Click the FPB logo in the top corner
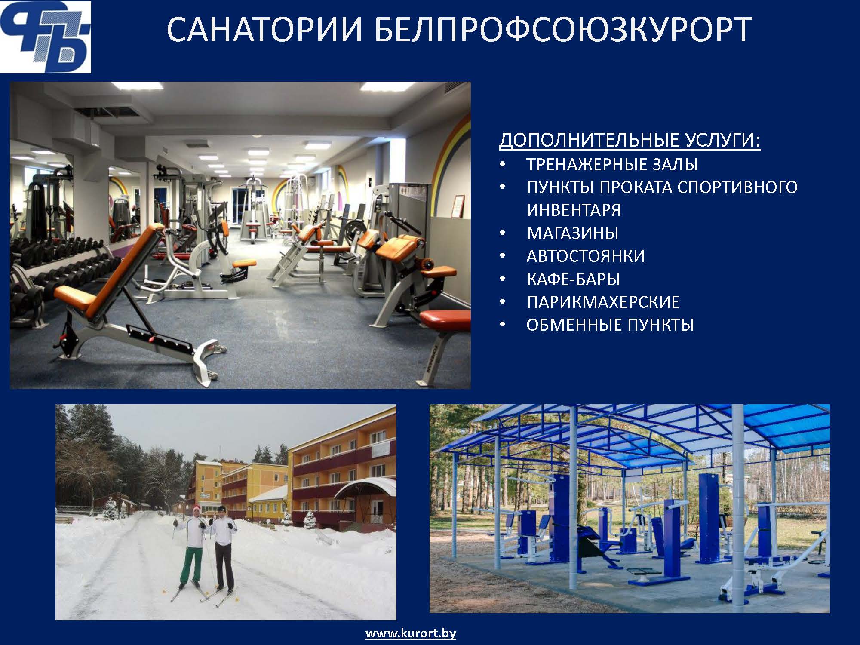tap(46, 37)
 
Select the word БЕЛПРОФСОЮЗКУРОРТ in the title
tap(564, 30)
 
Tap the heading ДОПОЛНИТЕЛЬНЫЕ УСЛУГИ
tap(630, 141)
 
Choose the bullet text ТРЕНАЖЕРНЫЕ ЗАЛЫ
tap(612, 165)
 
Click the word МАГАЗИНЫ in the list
tap(573, 233)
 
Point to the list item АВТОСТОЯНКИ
tap(586, 256)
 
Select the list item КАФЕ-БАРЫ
tap(573, 279)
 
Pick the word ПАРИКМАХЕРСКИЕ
tap(603, 302)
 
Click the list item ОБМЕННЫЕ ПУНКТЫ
tap(610, 325)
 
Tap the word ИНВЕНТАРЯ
tap(574, 210)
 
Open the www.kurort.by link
tap(411, 633)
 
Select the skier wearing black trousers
tap(223, 548)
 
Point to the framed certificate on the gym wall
tap(459, 206)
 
